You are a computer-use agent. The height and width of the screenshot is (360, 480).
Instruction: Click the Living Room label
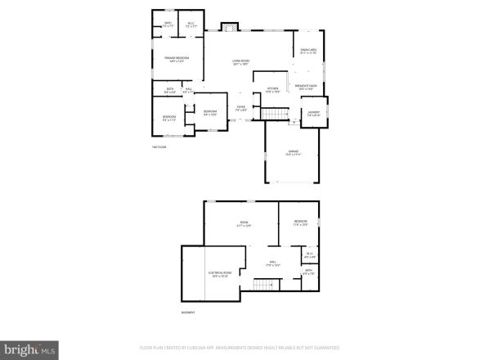tap(240, 62)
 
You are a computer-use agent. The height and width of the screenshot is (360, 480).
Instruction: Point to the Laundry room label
tap(313, 114)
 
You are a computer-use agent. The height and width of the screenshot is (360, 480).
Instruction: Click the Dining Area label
tap(308, 52)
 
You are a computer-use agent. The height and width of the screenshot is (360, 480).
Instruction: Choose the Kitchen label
tap(272, 89)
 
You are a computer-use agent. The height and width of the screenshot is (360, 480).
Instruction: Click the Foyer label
tap(241, 108)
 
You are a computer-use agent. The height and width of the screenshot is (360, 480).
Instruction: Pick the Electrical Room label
tap(219, 274)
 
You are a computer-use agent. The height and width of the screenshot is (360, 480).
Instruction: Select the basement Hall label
tap(272, 263)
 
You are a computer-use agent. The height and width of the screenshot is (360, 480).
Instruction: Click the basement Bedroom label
tap(301, 223)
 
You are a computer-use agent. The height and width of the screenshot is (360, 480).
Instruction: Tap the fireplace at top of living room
tap(230, 27)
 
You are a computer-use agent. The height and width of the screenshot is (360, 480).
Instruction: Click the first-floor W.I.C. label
tap(190, 25)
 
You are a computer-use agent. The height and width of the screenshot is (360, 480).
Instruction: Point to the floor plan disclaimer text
tap(239, 347)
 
